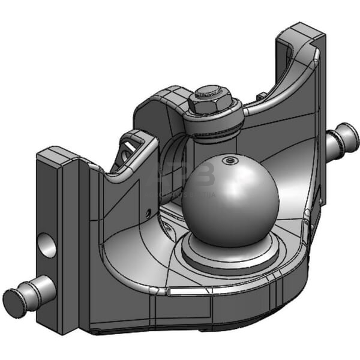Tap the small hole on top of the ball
227,160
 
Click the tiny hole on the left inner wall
148,212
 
